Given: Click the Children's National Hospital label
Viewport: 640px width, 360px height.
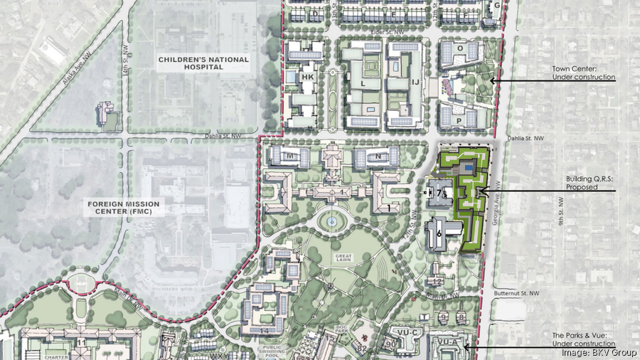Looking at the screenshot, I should coord(204,63).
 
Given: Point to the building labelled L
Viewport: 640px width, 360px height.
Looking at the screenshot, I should coord(362,83).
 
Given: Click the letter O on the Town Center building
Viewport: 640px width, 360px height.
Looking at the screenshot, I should coord(460,48).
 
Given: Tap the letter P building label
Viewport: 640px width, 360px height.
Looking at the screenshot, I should coord(460,122).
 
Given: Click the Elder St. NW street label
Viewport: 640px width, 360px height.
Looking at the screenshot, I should coord(388,32).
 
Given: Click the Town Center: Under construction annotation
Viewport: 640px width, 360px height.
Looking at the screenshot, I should coord(583,73).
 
